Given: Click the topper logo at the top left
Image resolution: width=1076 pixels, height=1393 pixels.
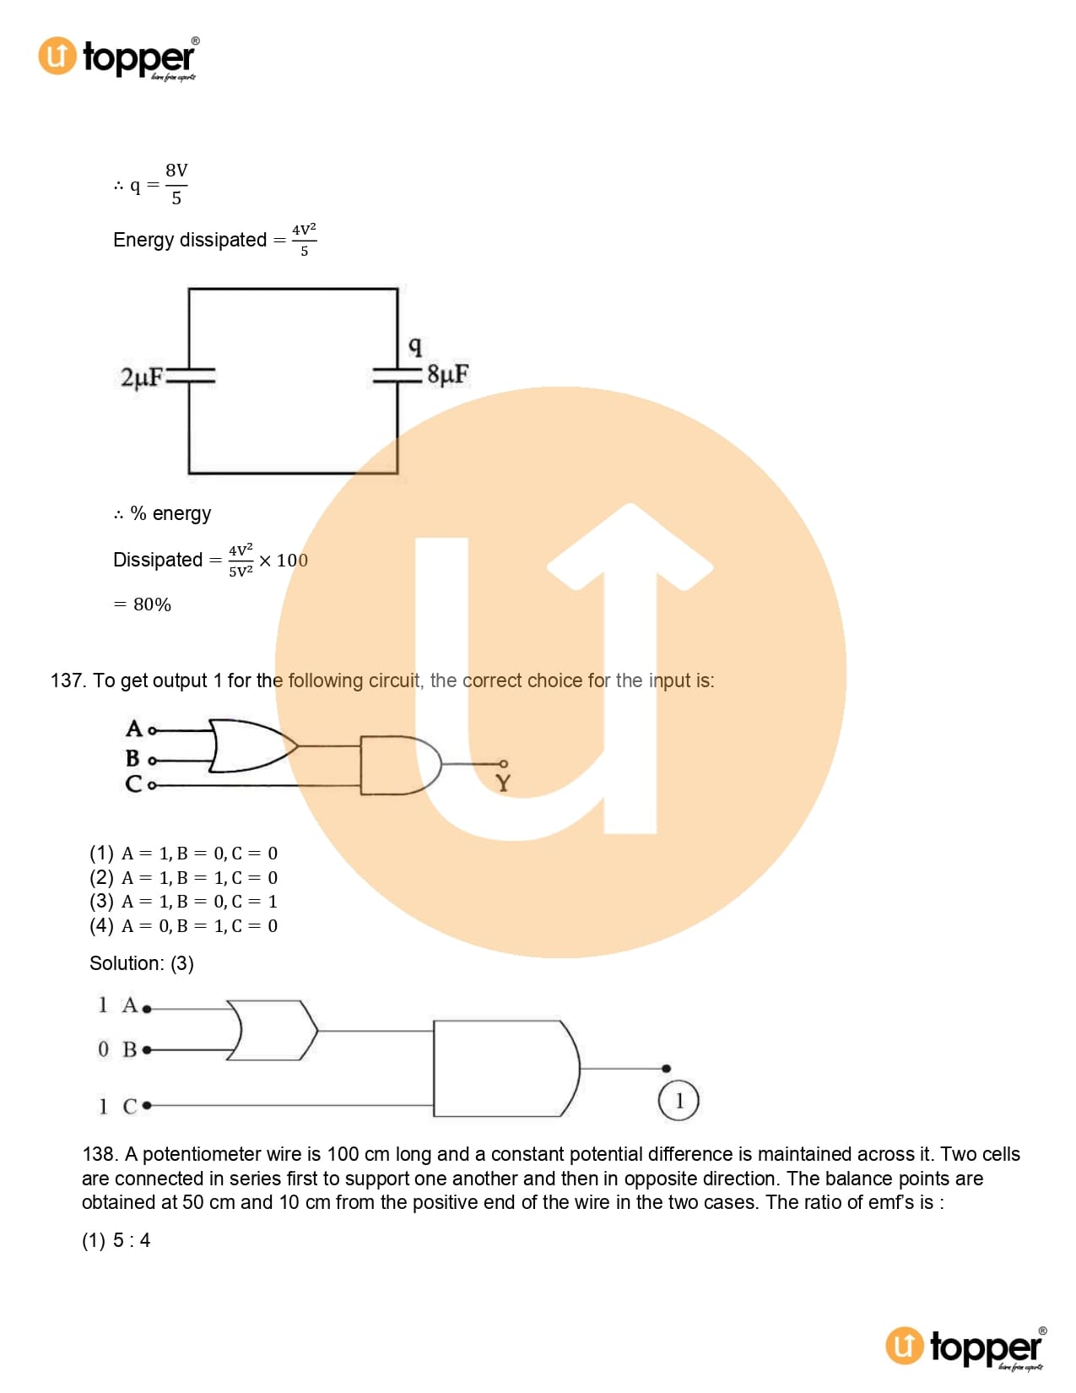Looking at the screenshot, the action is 118,57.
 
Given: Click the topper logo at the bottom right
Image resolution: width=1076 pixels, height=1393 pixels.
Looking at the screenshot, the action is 965,1347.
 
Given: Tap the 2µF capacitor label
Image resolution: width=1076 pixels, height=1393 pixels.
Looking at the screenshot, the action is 142,377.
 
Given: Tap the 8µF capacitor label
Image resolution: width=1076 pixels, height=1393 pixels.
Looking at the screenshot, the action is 448,374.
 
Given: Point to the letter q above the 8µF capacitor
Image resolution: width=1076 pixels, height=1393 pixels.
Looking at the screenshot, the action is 415,346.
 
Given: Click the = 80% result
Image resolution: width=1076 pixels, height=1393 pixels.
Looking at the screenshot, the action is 143,604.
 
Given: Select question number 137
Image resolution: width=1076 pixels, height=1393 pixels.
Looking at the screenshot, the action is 68,680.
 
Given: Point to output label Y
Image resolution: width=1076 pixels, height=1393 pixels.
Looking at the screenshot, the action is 503,783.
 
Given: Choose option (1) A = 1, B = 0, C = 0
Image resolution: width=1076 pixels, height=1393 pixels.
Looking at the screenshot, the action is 183,854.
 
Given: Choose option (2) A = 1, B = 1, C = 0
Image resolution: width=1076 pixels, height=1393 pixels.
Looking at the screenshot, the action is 183,878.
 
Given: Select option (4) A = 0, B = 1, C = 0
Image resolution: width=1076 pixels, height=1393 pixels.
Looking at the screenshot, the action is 183,925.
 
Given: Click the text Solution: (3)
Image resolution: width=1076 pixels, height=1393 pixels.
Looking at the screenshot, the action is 142,962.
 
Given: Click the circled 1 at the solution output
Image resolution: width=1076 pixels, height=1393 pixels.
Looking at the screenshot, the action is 679,1100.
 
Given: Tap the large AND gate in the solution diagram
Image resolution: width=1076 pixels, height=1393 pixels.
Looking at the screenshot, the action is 506,1069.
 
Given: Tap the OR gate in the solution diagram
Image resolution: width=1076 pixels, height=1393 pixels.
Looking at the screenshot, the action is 272,1030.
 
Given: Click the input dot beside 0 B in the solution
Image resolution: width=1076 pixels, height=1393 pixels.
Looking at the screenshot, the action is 147,1050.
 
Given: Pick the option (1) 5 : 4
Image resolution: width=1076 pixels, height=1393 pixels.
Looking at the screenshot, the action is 116,1240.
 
